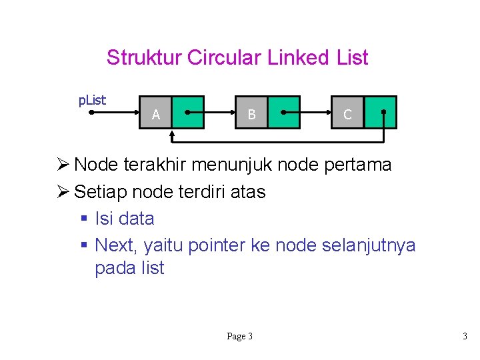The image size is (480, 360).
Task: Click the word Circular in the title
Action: tap(225, 58)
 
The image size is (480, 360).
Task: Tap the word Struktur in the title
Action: tap(144, 58)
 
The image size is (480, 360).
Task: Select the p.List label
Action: tap(92, 101)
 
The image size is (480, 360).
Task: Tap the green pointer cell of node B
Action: tap(284, 112)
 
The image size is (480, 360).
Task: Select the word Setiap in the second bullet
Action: tap(101, 192)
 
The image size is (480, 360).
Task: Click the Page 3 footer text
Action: tap(239, 337)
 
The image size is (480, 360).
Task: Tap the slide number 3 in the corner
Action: tap(465, 337)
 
